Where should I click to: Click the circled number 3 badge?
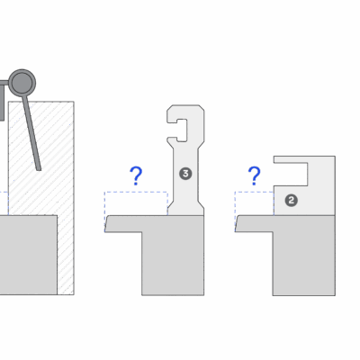[185, 174]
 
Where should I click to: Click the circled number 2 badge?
[291, 200]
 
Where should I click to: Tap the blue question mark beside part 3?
[136, 176]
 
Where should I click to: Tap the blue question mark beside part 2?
[255, 176]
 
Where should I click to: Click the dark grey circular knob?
[22, 83]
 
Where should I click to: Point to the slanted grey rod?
[31, 133]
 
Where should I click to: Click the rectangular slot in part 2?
[291, 175]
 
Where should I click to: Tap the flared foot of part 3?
[185, 209]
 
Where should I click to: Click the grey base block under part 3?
[173, 255]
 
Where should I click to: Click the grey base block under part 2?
[303, 255]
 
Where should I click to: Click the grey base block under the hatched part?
[29, 255]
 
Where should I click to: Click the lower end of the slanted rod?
[39, 169]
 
